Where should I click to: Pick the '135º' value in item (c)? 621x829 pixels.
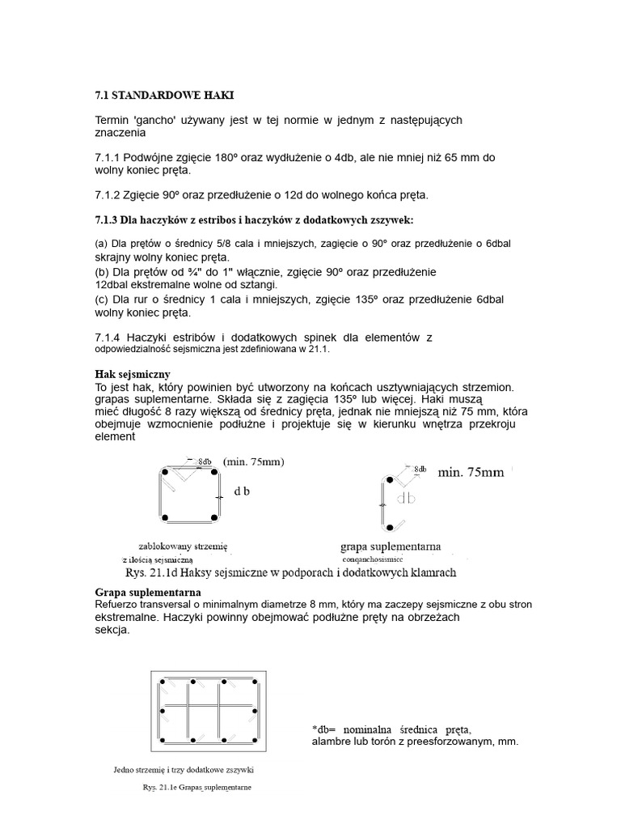tap(369, 299)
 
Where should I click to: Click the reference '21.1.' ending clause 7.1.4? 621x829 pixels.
tap(321, 351)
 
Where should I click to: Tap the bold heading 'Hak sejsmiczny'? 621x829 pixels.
tap(133, 375)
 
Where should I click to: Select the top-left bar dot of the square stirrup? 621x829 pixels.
tap(164, 471)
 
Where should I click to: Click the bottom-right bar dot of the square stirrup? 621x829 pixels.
tap(214, 518)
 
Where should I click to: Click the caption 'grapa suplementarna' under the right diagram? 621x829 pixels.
tap(391, 546)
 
